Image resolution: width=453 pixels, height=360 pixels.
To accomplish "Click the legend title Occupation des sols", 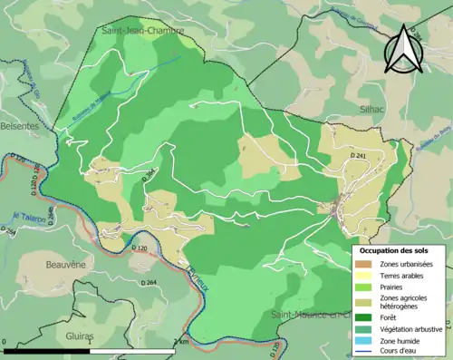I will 395,250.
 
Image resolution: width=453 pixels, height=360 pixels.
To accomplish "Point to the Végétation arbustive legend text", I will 412,328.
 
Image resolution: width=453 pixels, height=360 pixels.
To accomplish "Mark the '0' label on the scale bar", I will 6,342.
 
